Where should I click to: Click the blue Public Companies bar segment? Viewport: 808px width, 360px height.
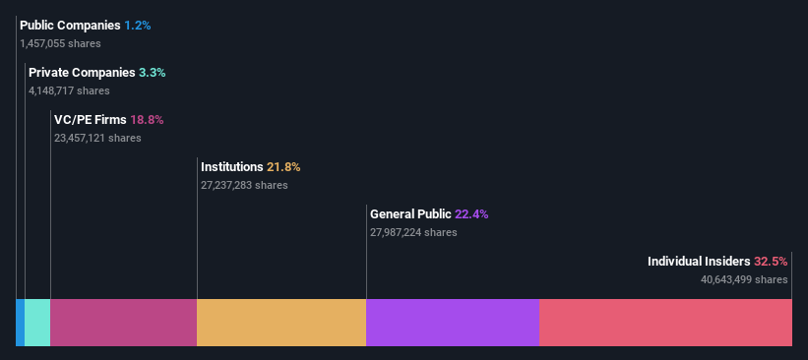pyautogui.click(x=20, y=323)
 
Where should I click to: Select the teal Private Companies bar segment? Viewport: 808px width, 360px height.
pyautogui.click(x=37, y=323)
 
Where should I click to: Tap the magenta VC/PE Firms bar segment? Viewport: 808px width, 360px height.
pyautogui.click(x=123, y=323)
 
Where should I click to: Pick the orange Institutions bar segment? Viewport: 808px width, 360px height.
pyautogui.click(x=281, y=323)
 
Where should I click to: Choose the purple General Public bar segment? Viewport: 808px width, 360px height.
pyautogui.click(x=452, y=323)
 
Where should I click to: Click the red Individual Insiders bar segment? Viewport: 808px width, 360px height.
pyautogui.click(x=665, y=323)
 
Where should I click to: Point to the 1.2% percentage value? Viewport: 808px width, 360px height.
pyautogui.click(x=138, y=25)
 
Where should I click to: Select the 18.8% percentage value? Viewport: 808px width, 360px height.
pyautogui.click(x=147, y=119)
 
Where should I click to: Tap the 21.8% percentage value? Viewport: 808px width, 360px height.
pyautogui.click(x=283, y=166)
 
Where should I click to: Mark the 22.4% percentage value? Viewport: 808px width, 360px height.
pyautogui.click(x=471, y=213)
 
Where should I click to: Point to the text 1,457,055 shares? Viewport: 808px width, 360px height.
pyautogui.click(x=60, y=43)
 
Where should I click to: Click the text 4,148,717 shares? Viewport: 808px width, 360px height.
pyautogui.click(x=69, y=90)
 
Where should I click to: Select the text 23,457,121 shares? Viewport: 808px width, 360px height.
pyautogui.click(x=97, y=138)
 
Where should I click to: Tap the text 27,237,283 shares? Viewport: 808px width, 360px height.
pyautogui.click(x=244, y=185)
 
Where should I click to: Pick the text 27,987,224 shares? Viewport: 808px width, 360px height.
pyautogui.click(x=413, y=232)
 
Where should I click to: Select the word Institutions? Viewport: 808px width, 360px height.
pyautogui.click(x=231, y=166)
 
